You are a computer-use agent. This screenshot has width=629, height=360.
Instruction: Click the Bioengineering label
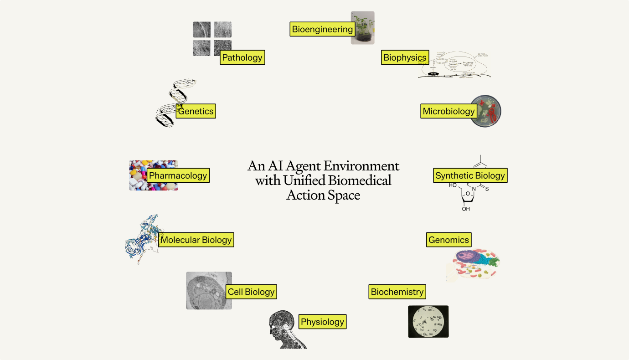[322, 30]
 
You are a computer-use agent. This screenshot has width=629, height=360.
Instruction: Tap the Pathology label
[242, 57]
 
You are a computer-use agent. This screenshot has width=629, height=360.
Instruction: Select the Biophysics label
[405, 57]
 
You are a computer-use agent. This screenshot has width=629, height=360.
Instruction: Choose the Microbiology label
[449, 111]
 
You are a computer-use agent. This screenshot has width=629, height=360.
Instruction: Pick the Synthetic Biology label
[470, 175]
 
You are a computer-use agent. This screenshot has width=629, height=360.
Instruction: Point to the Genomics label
[449, 240]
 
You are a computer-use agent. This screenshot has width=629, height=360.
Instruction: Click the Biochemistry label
[397, 292]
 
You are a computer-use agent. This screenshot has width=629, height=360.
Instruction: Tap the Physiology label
[322, 322]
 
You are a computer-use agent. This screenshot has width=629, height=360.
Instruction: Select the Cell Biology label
[251, 292]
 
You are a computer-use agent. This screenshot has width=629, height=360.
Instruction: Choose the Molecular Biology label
[196, 240]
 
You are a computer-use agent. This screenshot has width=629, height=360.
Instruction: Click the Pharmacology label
[178, 175]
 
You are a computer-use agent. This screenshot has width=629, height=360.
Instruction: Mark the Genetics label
[196, 111]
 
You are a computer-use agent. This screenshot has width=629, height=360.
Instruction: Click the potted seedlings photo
[363, 27]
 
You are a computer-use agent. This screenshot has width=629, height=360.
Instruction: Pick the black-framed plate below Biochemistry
[428, 322]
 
